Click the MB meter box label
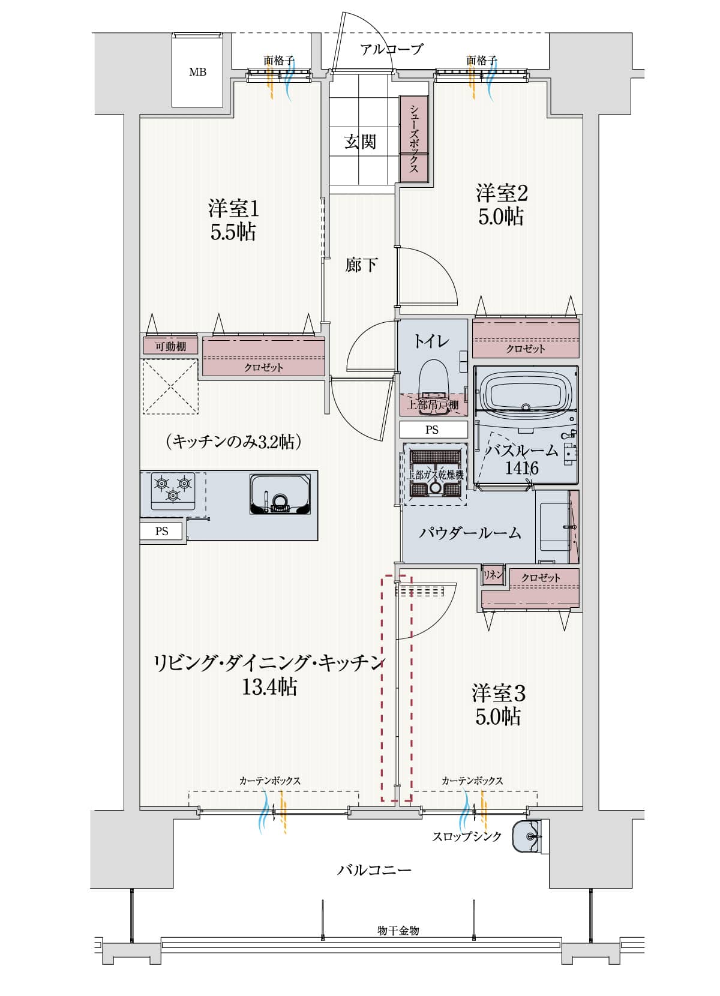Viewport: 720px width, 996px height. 197,72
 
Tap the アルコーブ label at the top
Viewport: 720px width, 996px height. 391,50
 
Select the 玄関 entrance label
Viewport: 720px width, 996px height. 360,142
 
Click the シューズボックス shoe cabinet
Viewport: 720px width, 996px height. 414,139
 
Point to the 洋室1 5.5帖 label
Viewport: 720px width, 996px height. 233,220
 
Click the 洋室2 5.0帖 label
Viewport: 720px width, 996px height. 502,205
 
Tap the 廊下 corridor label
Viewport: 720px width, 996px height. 361,265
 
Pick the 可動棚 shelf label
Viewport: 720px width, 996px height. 170,346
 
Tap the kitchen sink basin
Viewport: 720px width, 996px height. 281,494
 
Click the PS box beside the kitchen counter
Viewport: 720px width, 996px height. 162,531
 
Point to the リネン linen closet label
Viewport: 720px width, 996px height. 493,575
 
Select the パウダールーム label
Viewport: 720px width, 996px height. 469,533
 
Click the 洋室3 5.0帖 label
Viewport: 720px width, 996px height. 499,704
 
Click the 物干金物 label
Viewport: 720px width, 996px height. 398,930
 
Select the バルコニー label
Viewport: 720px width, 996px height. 374,869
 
